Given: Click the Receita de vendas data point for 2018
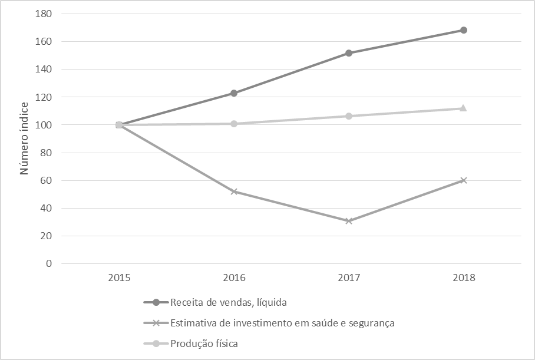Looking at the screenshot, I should click(x=464, y=30).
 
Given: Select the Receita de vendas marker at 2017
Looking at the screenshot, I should click(x=349, y=53).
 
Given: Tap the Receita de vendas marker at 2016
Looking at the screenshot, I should click(x=234, y=93).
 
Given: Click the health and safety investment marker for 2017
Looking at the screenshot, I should click(x=349, y=221).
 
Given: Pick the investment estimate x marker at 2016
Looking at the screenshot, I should click(x=234, y=191).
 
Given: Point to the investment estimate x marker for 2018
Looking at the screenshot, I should click(x=464, y=180).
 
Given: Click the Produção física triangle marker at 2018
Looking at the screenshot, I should click(x=464, y=108).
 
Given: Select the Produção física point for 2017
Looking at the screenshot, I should click(x=349, y=116).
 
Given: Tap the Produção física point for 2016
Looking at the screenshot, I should click(x=234, y=124).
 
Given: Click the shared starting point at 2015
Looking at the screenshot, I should click(x=119, y=125).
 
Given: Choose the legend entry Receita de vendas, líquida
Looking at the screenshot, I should click(x=229, y=303).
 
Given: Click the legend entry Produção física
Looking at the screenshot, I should click(x=204, y=344).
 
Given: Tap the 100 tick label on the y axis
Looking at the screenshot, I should click(x=45, y=125).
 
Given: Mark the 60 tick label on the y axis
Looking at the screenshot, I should click(x=47, y=180).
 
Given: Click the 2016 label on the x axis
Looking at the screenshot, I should click(x=234, y=278).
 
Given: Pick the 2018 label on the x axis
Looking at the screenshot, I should click(x=464, y=278).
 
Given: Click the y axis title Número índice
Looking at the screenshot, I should click(x=25, y=139).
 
